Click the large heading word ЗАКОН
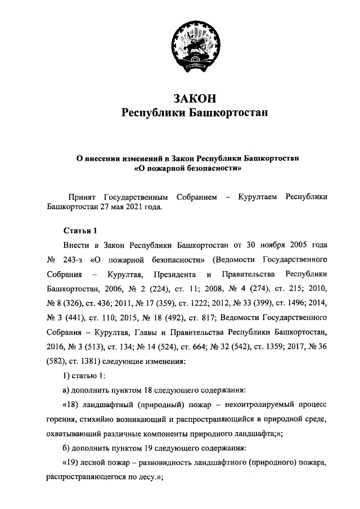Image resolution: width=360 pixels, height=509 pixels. [194, 98]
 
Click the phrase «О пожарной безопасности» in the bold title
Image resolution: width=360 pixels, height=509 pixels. [187, 168]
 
